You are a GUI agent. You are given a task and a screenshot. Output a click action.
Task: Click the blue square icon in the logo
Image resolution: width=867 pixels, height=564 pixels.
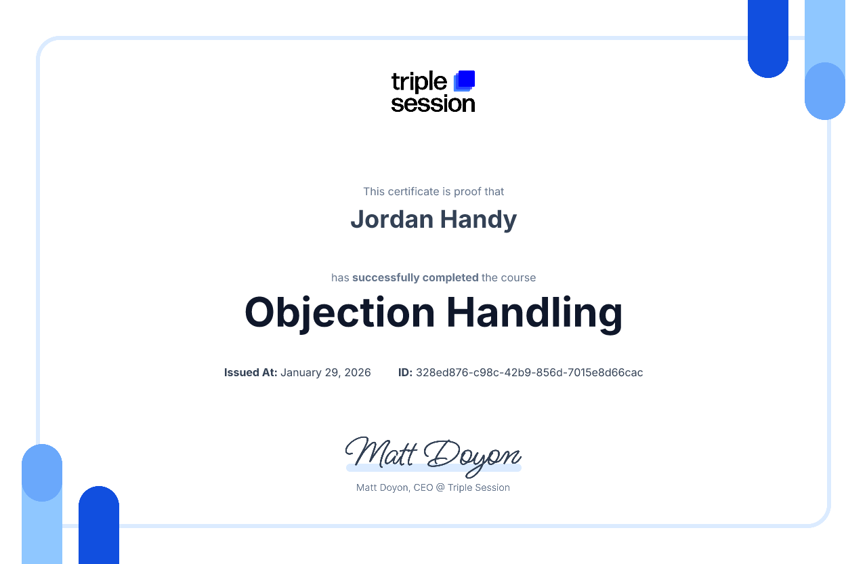click(465, 80)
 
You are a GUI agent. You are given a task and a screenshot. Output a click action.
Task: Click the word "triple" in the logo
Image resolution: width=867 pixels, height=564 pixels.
click(419, 83)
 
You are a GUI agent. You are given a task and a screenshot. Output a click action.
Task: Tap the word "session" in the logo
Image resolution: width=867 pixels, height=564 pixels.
click(433, 103)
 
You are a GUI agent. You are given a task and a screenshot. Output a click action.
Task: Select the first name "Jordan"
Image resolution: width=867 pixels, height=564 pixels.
click(391, 219)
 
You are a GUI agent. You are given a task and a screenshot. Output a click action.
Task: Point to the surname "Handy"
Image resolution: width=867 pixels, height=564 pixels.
click(478, 219)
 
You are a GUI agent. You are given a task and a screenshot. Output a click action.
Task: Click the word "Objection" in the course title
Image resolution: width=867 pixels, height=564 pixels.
click(339, 313)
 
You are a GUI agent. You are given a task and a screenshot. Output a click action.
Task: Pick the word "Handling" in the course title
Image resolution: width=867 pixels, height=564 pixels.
click(534, 313)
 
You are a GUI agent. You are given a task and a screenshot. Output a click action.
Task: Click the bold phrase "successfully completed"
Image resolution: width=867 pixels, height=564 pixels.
click(415, 278)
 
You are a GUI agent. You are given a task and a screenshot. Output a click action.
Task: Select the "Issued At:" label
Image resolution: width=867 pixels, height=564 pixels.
click(251, 373)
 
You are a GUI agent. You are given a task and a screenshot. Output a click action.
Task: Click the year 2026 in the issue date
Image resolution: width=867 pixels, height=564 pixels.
click(358, 373)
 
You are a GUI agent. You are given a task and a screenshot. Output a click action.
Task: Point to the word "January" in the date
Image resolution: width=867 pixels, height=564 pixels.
click(303, 373)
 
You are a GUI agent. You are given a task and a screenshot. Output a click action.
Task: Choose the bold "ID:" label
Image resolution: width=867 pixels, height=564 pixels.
click(405, 373)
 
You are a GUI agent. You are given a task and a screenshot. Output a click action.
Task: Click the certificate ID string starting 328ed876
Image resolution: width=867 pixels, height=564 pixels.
click(529, 373)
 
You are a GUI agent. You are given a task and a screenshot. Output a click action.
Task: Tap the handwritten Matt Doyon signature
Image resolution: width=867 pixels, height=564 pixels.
click(433, 454)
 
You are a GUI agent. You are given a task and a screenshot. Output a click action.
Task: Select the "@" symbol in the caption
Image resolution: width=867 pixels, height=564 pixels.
click(440, 488)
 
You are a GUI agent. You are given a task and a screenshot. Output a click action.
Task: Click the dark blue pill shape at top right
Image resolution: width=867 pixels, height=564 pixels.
click(768, 41)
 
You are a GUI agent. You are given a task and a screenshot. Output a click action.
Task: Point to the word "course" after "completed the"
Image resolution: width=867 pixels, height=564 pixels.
click(519, 278)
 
